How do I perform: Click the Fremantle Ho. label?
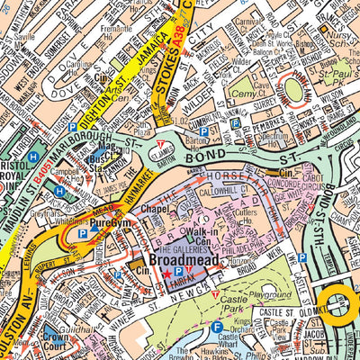coord(115,31)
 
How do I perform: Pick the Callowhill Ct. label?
coord(229,191)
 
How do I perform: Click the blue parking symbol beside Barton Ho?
coord(202,131)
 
